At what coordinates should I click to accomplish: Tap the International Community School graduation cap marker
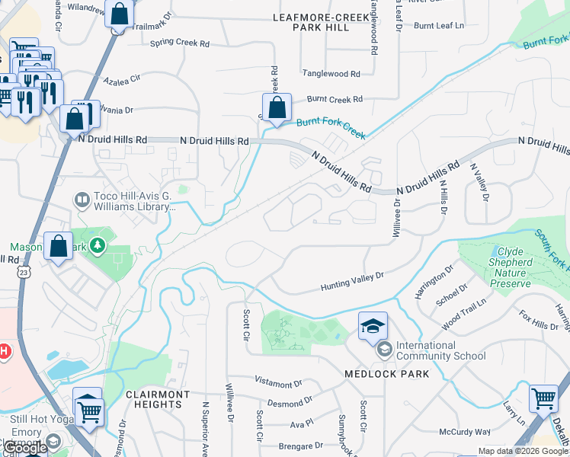pos(373,327)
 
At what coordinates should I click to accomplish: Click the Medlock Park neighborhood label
pos(386,374)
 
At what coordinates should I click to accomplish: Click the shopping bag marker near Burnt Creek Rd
pos(277,107)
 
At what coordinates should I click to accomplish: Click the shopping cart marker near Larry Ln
pos(543,398)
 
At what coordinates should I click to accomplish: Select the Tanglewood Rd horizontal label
pos(331,74)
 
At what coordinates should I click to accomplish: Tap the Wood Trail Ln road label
pos(463,314)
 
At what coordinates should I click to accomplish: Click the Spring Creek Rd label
pos(179,43)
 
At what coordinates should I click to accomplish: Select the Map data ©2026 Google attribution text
pos(523,451)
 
